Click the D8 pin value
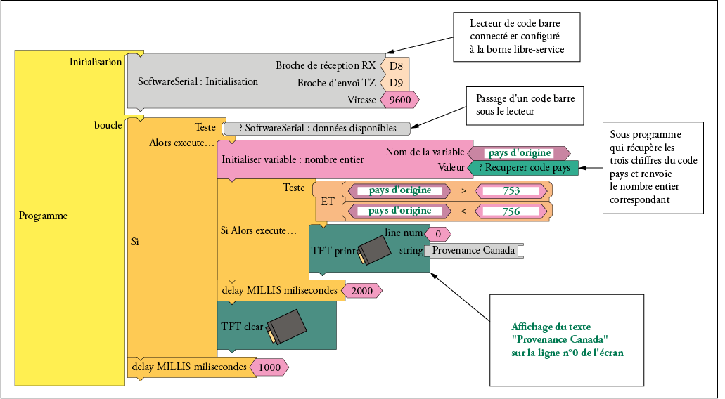395,66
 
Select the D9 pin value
395,83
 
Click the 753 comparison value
511,191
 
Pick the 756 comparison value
511,211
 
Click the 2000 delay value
361,291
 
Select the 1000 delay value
269,367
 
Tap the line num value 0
437,235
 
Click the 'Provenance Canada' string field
473,250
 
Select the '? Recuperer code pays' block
523,168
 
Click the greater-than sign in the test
463,191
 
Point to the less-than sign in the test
463,211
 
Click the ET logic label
328,202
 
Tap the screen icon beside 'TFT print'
374,251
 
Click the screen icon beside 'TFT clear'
287,327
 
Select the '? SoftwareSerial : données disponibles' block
316,129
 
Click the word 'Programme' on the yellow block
43,216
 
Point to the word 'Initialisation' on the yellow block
96,62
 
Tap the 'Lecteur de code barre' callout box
516,37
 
